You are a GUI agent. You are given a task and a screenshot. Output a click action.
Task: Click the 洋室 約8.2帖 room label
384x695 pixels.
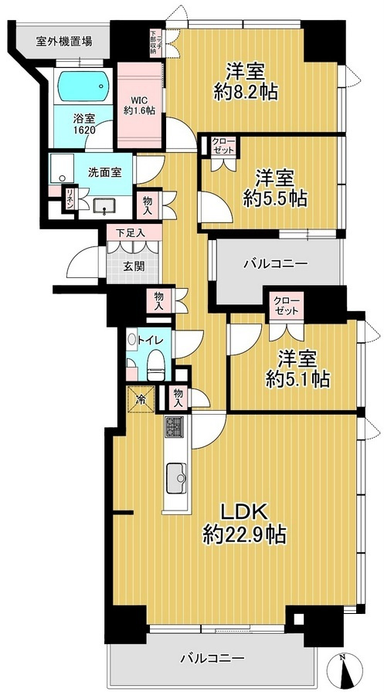pyautogui.click(x=246, y=81)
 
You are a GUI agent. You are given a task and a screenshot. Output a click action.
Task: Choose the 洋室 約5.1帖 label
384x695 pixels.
pyautogui.click(x=299, y=368)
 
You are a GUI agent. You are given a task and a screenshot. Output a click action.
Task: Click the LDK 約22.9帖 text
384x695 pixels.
pyautogui.click(x=245, y=522)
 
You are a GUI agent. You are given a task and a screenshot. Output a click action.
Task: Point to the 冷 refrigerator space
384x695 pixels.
pyautogui.click(x=141, y=399)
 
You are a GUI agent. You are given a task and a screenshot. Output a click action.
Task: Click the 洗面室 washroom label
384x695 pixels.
pyautogui.click(x=100, y=171)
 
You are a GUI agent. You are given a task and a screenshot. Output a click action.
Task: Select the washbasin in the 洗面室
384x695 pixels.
pyautogui.click(x=102, y=205)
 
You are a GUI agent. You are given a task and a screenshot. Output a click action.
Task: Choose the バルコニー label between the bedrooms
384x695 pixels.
pyautogui.click(x=276, y=263)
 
